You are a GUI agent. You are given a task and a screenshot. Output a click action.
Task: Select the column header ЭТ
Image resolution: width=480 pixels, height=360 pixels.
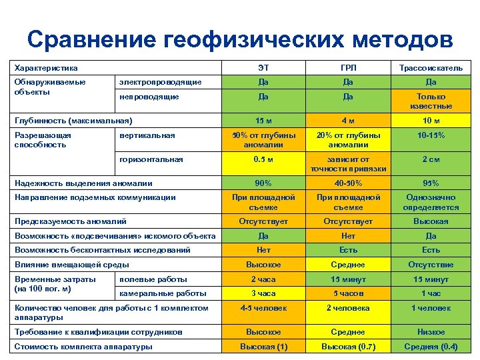263,68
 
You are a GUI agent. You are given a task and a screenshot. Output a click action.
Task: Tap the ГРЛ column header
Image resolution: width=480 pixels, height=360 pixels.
347,68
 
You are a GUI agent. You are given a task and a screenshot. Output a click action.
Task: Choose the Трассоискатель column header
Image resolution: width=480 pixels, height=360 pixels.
431,68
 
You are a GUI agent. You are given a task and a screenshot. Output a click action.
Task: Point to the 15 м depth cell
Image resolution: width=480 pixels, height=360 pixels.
263,121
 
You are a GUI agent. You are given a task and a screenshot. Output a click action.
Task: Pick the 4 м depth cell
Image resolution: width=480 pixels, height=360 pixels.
347,121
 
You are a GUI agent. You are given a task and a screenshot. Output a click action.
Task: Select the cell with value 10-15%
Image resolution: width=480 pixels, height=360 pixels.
431,135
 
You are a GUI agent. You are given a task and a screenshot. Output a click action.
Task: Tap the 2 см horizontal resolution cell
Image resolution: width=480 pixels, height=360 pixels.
431,159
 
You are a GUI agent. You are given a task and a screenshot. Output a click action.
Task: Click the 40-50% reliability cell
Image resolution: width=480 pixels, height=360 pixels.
347,183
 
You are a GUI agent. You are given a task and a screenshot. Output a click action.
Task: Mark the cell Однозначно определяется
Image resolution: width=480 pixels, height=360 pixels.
431,202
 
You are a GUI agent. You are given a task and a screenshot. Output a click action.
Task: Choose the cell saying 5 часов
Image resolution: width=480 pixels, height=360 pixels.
347,293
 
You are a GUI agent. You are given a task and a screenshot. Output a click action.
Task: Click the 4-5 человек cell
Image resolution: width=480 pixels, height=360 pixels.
263,308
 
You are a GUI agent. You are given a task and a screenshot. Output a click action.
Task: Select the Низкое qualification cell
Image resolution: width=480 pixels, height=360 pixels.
431,331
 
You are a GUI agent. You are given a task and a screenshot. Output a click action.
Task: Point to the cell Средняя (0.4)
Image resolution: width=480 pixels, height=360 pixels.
431,346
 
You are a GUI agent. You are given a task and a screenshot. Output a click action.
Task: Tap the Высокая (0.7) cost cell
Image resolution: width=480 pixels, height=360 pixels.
347,346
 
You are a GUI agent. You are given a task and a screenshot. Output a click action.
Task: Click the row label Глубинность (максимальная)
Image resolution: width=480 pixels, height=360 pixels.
73,121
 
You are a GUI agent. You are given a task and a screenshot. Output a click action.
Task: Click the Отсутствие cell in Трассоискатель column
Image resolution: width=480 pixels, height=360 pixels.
431,265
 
